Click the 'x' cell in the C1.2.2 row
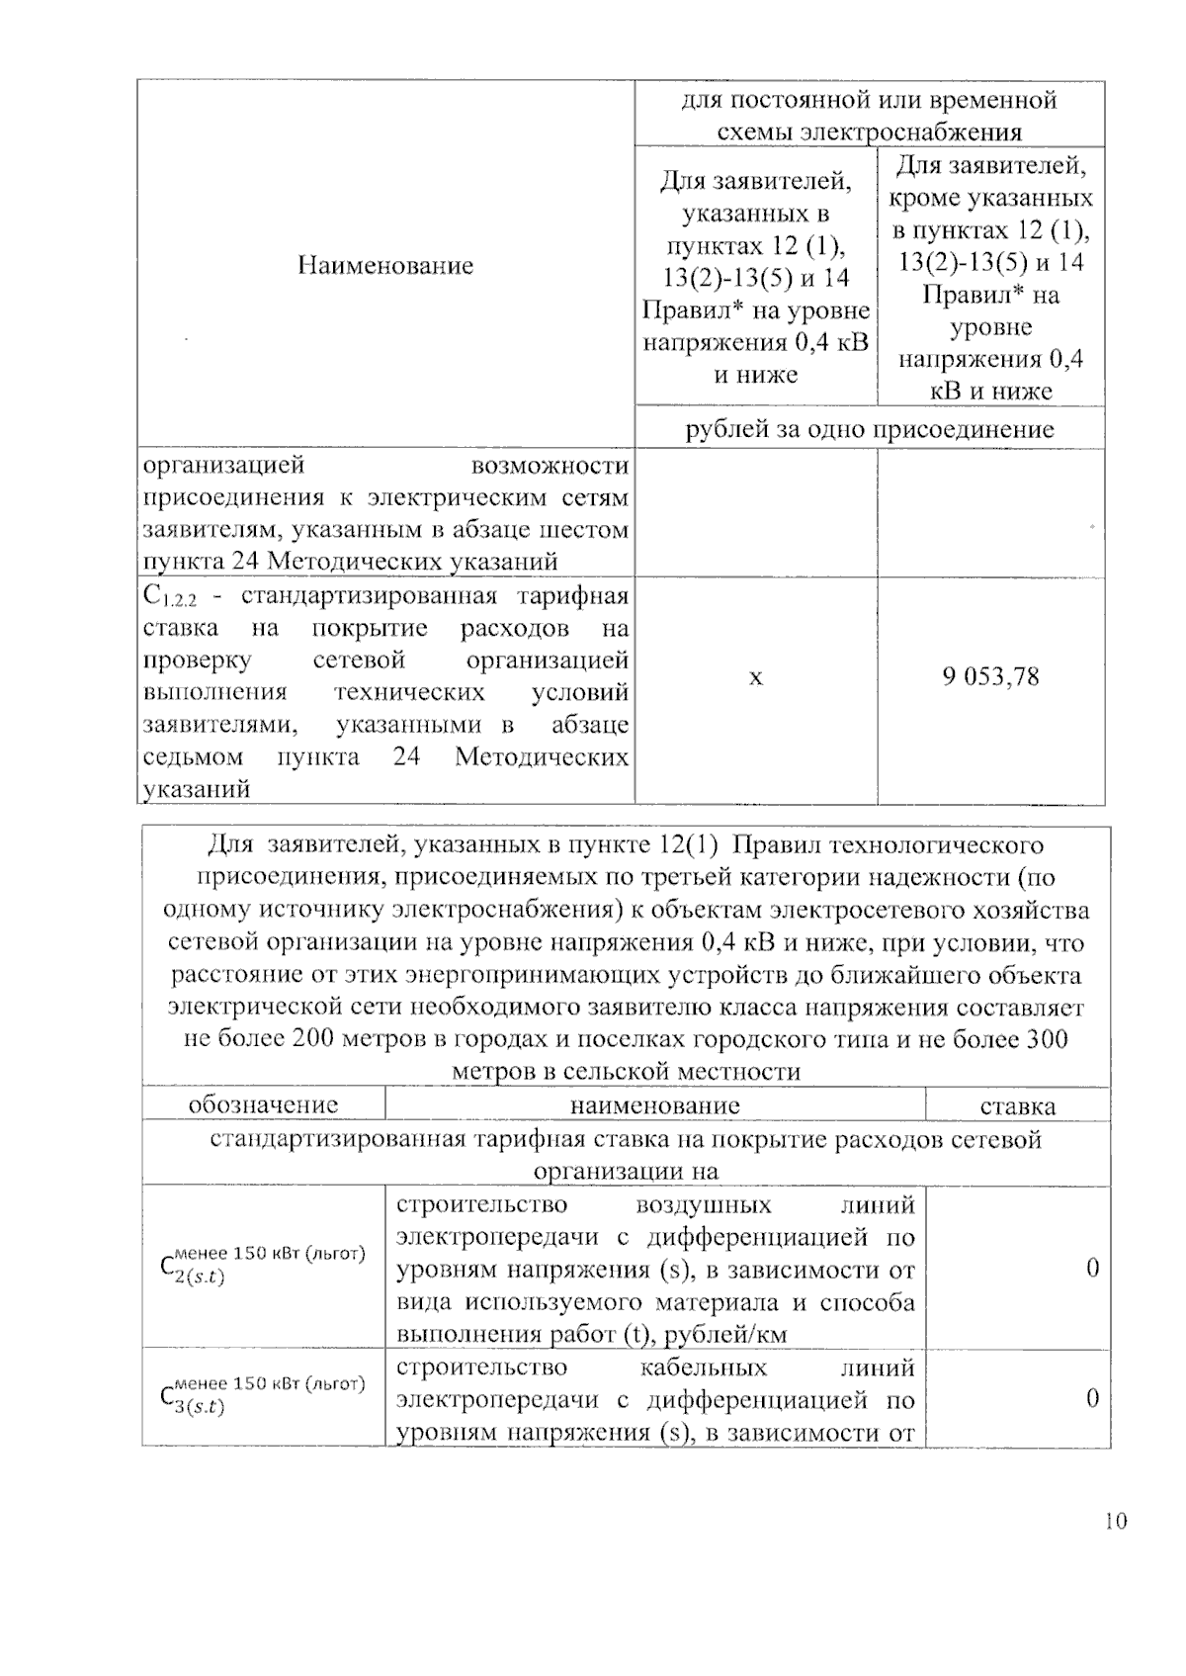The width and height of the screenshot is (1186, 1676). [x=756, y=678]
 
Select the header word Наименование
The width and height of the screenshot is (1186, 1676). [x=385, y=265]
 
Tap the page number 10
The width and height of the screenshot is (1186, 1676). [x=1116, y=1521]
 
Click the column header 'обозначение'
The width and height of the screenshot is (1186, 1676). [x=263, y=1104]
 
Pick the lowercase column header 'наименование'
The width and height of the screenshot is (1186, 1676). [x=654, y=1105]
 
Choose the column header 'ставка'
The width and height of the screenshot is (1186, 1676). [x=1017, y=1106]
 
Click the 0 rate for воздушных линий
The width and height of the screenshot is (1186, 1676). [x=1092, y=1269]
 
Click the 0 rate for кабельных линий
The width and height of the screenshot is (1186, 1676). [x=1092, y=1398]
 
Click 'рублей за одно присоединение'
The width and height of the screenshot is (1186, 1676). [x=870, y=429]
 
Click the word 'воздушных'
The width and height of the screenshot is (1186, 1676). [x=704, y=1205]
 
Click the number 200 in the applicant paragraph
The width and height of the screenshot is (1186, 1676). [x=314, y=1039]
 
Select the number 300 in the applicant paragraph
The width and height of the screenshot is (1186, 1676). [x=1046, y=1039]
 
